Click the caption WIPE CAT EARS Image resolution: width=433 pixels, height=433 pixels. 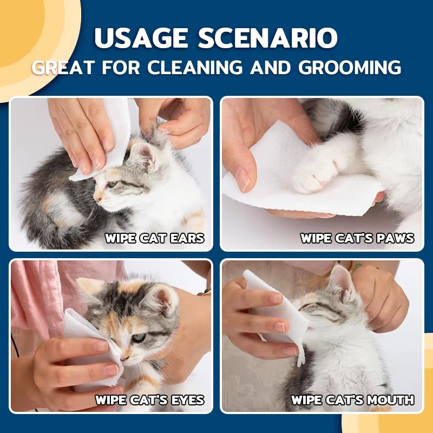[x=154, y=238]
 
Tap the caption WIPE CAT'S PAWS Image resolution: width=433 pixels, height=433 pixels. [x=357, y=238]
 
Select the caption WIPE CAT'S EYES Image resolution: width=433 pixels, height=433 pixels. [x=149, y=400]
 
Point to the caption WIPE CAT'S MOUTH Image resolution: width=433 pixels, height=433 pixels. [x=353, y=400]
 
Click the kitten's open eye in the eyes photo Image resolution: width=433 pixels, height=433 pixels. [x=139, y=338]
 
